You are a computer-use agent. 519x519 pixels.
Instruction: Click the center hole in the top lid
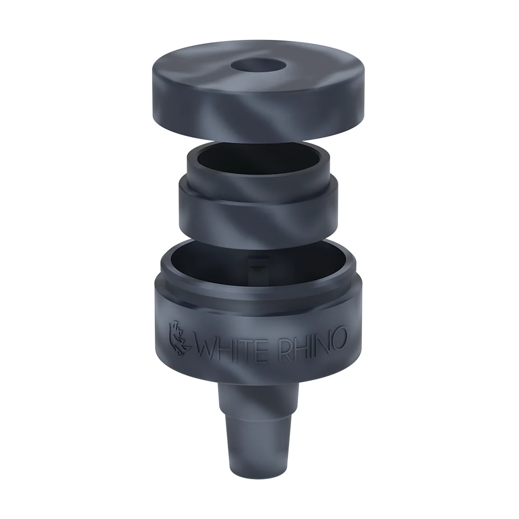(259, 65)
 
